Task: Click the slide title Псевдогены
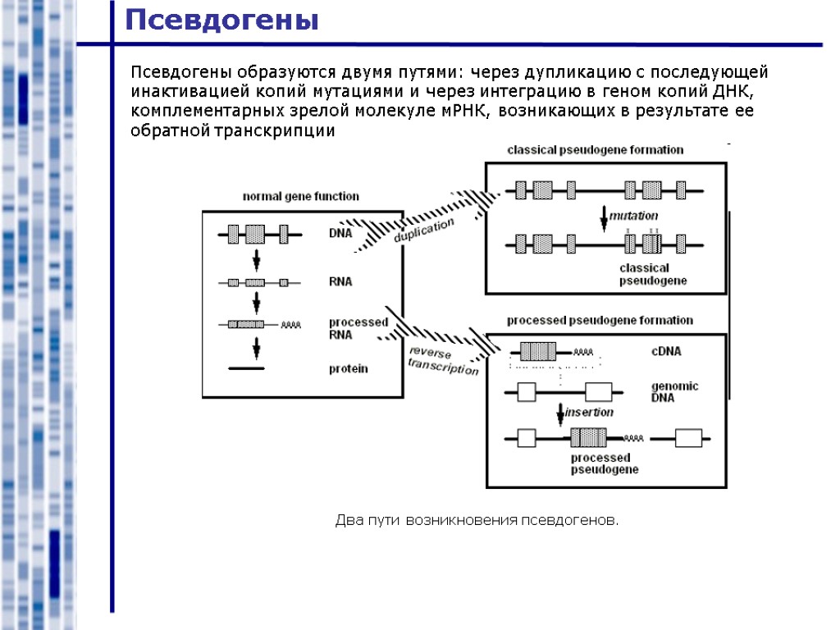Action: point(221,19)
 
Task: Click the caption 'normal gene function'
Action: point(300,196)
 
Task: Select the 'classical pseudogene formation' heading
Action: point(595,150)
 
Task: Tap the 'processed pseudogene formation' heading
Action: point(600,320)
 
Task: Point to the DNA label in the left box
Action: point(340,233)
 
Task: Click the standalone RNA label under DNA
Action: point(340,281)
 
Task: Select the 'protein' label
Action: point(349,368)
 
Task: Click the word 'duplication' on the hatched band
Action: point(423,231)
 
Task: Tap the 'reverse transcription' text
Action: point(443,360)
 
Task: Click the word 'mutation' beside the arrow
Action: point(633,216)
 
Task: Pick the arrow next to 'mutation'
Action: point(604,217)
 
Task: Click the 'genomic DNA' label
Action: point(674,391)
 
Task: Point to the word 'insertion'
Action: point(589,412)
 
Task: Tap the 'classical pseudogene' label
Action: point(652,274)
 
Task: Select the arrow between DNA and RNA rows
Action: point(256,259)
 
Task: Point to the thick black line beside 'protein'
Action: point(246,369)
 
